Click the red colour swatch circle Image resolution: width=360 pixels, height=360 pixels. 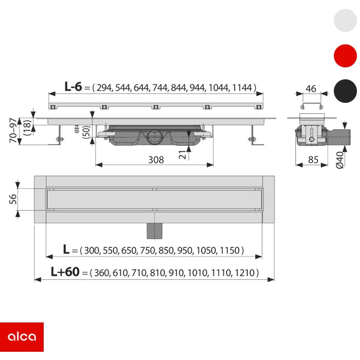click(x=345, y=56)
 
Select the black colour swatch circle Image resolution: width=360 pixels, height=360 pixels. click(x=345, y=91)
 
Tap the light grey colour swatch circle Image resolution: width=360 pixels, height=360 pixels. click(x=345, y=20)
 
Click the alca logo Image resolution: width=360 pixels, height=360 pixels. click(x=22, y=337)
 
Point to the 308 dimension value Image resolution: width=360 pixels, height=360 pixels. click(x=156, y=160)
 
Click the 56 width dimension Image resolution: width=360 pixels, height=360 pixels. click(x=13, y=199)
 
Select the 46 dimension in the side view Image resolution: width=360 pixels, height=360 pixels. click(x=311, y=88)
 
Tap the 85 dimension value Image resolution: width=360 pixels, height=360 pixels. click(x=313, y=159)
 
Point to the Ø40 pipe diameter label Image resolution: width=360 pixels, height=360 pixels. click(x=340, y=160)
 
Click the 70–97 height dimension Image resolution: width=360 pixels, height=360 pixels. click(x=13, y=130)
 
